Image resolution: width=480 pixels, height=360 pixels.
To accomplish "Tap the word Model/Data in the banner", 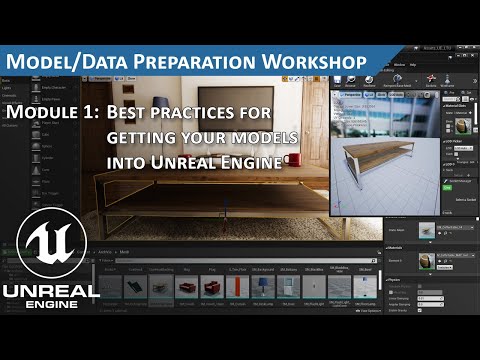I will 75,61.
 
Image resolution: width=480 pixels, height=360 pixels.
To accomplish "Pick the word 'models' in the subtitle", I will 263,136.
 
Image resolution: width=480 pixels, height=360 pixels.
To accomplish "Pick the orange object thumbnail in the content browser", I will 236,287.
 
